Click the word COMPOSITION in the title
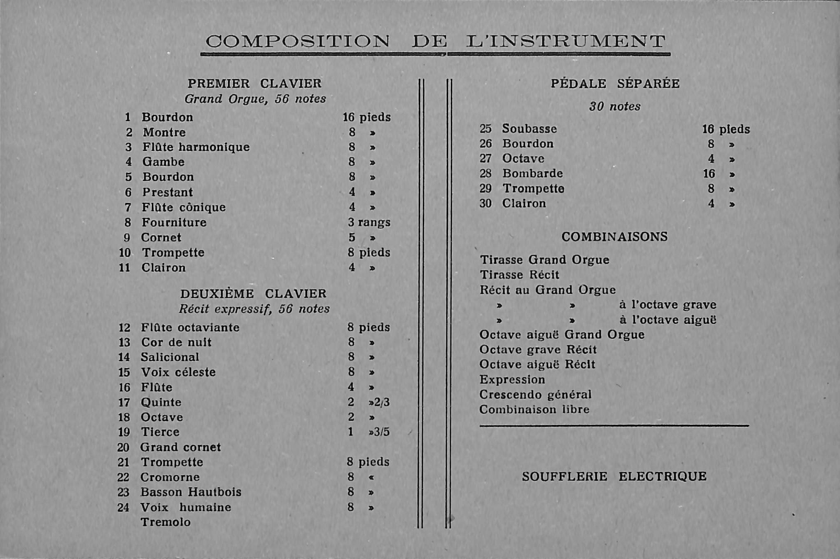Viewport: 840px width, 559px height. [297, 41]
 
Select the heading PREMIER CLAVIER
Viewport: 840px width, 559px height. [254, 84]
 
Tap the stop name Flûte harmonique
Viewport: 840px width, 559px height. [196, 147]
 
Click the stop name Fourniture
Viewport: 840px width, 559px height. [174, 222]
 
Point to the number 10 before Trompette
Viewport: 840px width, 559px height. [125, 253]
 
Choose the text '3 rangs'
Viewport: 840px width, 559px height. [369, 222]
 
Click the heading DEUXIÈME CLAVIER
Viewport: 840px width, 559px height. [253, 294]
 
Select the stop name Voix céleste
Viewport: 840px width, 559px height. [178, 372]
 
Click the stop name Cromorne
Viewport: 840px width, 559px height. [170, 477]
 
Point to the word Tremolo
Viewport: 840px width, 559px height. [166, 522]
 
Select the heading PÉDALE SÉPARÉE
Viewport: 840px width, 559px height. [615, 84]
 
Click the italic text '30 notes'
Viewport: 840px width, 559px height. [615, 107]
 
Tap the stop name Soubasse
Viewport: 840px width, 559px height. [529, 129]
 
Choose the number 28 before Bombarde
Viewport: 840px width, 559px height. [485, 173]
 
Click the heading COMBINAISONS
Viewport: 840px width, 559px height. [614, 237]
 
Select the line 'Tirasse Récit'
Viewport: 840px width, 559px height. [520, 275]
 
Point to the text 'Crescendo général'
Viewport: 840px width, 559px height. [535, 395]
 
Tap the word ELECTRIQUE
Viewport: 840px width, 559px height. [663, 477]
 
